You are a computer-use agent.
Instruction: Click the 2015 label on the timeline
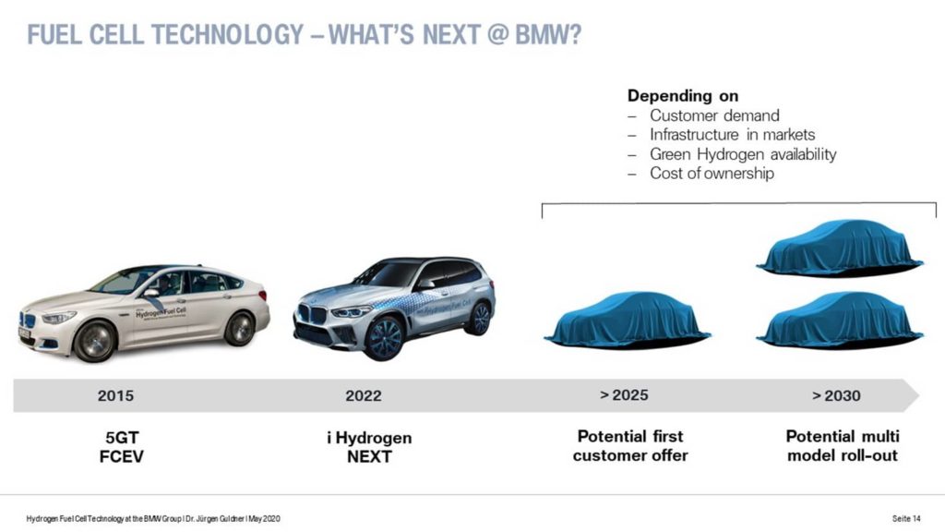click(115, 395)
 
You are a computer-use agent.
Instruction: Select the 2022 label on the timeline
click(364, 395)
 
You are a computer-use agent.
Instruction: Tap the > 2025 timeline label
click(625, 395)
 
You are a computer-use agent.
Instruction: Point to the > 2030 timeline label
click(836, 395)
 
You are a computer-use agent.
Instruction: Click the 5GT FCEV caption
click(122, 447)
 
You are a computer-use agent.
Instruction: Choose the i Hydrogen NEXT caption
click(369, 447)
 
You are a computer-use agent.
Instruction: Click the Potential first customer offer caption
click(630, 446)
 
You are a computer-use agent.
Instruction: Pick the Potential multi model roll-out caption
click(843, 446)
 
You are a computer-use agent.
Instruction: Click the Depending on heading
click(683, 96)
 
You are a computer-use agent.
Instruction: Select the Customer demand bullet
click(714, 115)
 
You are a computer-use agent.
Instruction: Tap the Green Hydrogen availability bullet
click(743, 154)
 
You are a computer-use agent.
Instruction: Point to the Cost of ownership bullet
click(712, 174)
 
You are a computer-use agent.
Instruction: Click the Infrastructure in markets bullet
click(732, 135)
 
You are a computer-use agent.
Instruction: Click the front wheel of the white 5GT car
click(95, 342)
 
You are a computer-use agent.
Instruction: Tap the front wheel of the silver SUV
click(384, 338)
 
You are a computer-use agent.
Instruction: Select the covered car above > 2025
click(627, 320)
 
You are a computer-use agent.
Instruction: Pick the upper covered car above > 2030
click(839, 248)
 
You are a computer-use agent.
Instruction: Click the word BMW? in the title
click(548, 34)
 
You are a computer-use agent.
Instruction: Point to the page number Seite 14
click(906, 519)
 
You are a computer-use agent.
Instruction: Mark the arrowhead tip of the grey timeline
click(919, 395)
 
